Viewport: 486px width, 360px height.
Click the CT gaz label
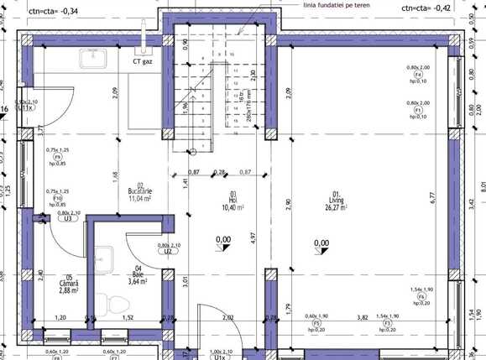(x=143, y=61)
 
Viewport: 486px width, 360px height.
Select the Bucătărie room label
(x=137, y=194)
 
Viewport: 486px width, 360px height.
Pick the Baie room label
(x=137, y=276)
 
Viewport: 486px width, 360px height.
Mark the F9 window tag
(x=58, y=157)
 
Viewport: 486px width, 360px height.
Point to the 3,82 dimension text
(x=362, y=317)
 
